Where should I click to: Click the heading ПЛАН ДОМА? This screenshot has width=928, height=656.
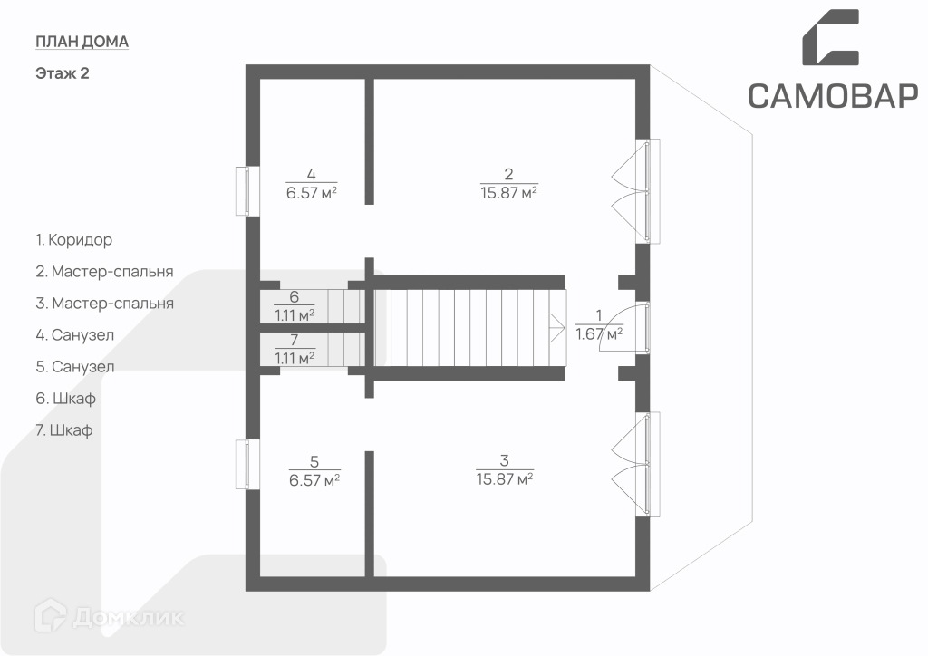pos(82,42)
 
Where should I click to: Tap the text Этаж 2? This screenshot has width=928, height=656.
pos(62,74)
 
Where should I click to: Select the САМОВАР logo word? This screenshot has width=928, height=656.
pos(833,95)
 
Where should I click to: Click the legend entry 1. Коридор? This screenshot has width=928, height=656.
pos(74,240)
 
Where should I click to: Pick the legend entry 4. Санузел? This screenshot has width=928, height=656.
pos(75,335)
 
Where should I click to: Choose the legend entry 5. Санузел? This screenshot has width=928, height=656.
pos(75,367)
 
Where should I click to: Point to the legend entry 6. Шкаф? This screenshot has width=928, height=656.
pos(65,399)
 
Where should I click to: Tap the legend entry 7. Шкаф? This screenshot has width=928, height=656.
pos(65,430)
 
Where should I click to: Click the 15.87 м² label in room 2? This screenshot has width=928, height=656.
pos(509,192)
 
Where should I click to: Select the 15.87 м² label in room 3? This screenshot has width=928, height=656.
pos(505,478)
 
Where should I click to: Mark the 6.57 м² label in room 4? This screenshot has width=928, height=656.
pos(312,192)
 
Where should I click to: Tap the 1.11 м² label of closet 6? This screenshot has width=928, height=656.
pos(295,315)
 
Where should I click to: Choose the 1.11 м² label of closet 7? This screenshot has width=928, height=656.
pos(295,358)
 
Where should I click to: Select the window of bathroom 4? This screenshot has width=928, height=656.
pos(242,191)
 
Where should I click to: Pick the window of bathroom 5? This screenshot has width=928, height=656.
pos(242,464)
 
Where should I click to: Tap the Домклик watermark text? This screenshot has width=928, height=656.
pos(127,619)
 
